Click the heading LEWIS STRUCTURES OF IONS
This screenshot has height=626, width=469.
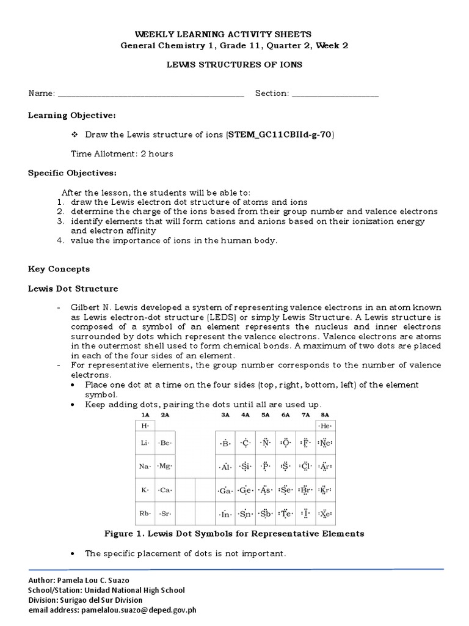click(x=235, y=64)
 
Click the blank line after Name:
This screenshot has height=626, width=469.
click(x=150, y=94)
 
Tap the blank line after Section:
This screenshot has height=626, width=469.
click(x=335, y=94)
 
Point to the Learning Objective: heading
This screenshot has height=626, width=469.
click(x=71, y=115)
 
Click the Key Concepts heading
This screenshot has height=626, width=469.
click(x=59, y=268)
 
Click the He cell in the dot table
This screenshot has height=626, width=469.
click(x=325, y=425)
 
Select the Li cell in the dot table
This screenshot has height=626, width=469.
click(x=145, y=443)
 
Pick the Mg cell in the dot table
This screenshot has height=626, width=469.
click(x=165, y=466)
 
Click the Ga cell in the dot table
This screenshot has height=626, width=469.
click(x=225, y=490)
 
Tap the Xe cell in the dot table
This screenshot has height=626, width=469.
click(x=325, y=514)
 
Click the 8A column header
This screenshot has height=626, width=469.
click(x=324, y=414)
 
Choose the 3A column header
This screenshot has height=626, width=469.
click(x=225, y=414)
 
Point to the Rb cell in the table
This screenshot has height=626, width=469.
click(x=145, y=514)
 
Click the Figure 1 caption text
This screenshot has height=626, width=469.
click(x=234, y=533)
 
